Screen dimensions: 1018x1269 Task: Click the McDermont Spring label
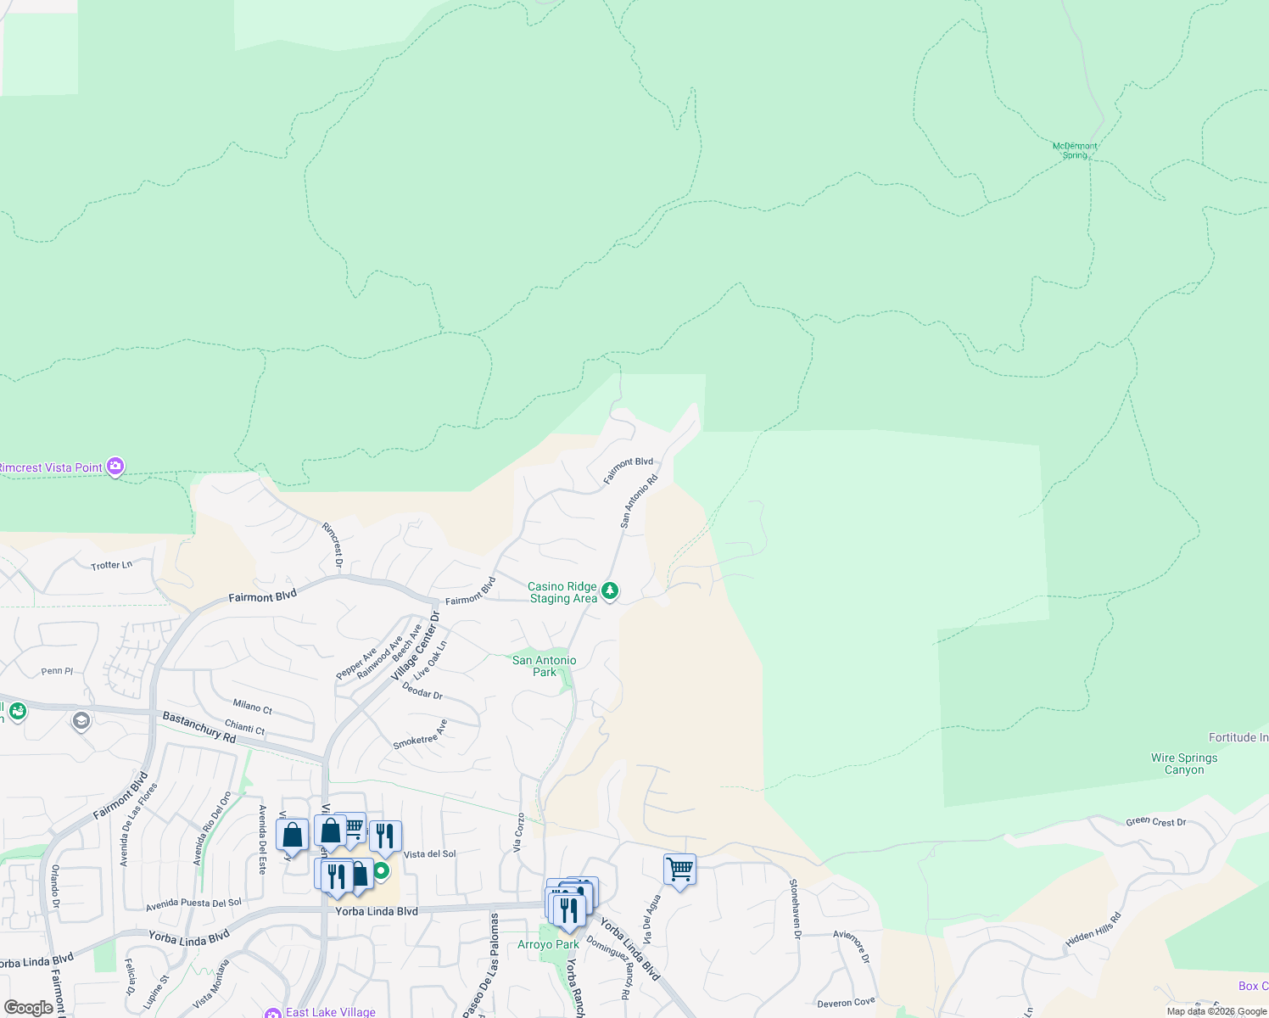(x=1075, y=151)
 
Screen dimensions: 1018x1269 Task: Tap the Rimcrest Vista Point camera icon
(x=115, y=467)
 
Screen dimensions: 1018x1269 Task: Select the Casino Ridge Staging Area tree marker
(x=609, y=591)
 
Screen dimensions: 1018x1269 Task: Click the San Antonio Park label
(x=544, y=666)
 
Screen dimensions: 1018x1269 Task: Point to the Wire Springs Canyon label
(x=1184, y=763)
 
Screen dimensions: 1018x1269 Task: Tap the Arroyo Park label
(x=548, y=944)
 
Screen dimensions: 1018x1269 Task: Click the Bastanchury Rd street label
(x=198, y=727)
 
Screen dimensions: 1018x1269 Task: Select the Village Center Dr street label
(x=415, y=652)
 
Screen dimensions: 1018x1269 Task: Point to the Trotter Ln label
(x=111, y=565)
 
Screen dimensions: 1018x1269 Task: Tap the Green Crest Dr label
(x=1155, y=821)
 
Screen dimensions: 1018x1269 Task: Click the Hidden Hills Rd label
(x=1093, y=930)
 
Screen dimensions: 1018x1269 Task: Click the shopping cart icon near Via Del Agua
(x=679, y=870)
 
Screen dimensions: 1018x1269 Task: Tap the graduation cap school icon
(x=81, y=721)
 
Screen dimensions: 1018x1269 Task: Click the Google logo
(x=29, y=1008)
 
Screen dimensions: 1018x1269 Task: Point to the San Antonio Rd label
(x=639, y=501)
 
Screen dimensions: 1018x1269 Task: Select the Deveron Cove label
(x=846, y=1003)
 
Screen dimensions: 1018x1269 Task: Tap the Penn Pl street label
(x=57, y=671)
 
